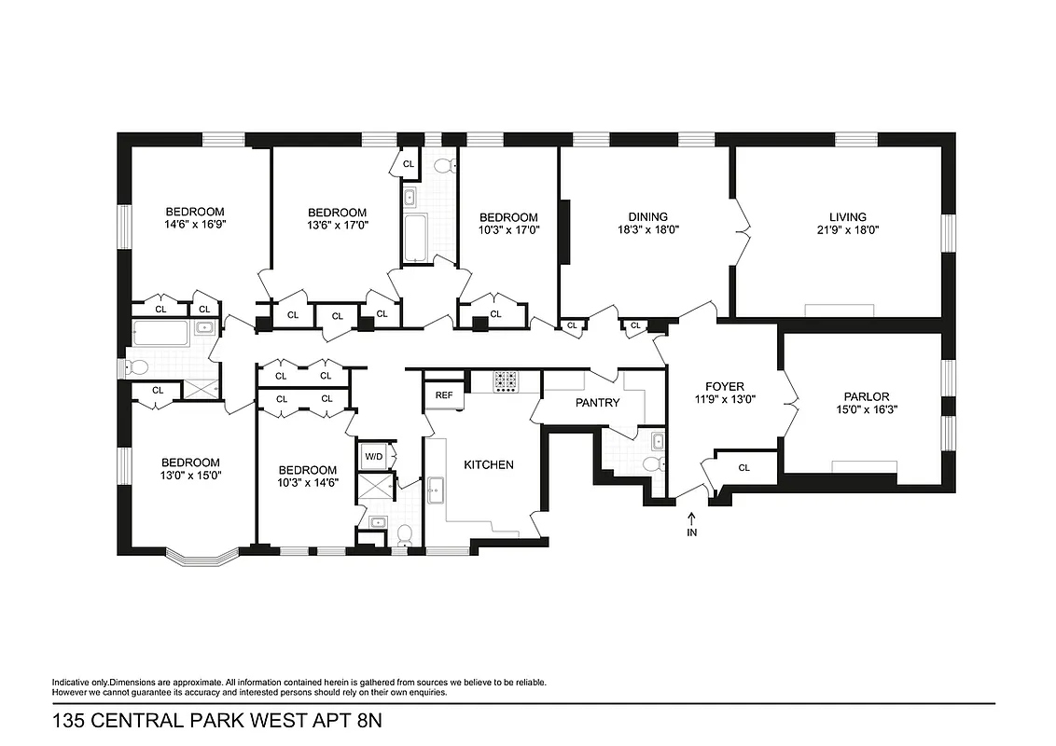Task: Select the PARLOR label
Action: click(x=867, y=396)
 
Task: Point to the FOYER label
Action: click(x=724, y=386)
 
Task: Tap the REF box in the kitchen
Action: click(x=444, y=395)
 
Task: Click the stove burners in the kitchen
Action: click(x=506, y=380)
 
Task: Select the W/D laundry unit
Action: click(x=374, y=456)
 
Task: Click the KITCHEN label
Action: click(x=489, y=464)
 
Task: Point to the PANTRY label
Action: click(x=597, y=403)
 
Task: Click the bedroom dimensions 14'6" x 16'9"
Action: click(x=195, y=224)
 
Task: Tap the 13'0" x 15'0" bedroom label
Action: click(x=190, y=475)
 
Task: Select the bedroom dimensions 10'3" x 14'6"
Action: click(x=307, y=482)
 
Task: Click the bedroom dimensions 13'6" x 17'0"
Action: click(x=337, y=225)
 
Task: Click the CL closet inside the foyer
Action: click(x=743, y=468)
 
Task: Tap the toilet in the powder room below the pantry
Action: click(x=652, y=464)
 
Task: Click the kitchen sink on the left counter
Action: click(x=436, y=489)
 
